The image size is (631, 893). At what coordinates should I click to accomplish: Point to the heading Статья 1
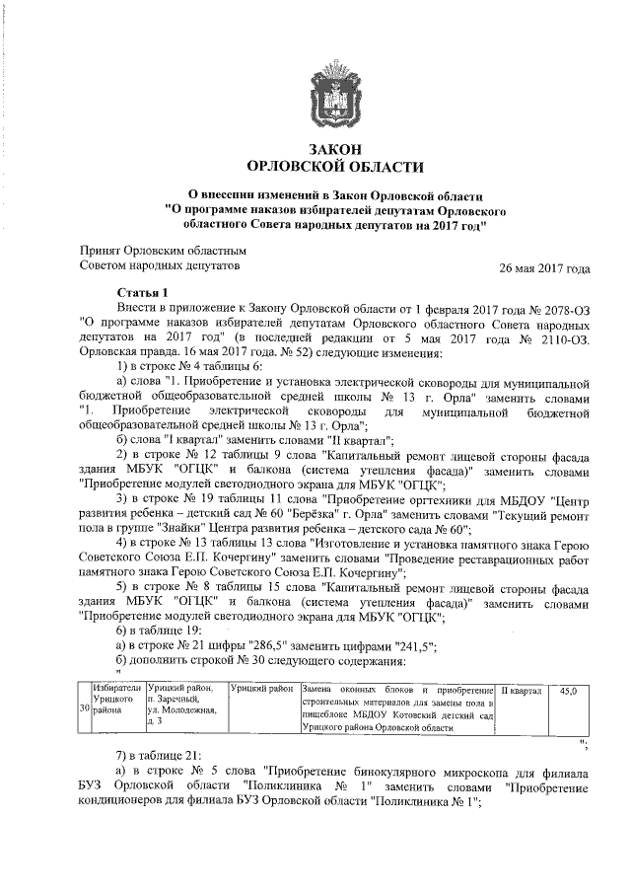[143, 293]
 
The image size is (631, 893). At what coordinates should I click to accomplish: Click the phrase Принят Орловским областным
[155, 251]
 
